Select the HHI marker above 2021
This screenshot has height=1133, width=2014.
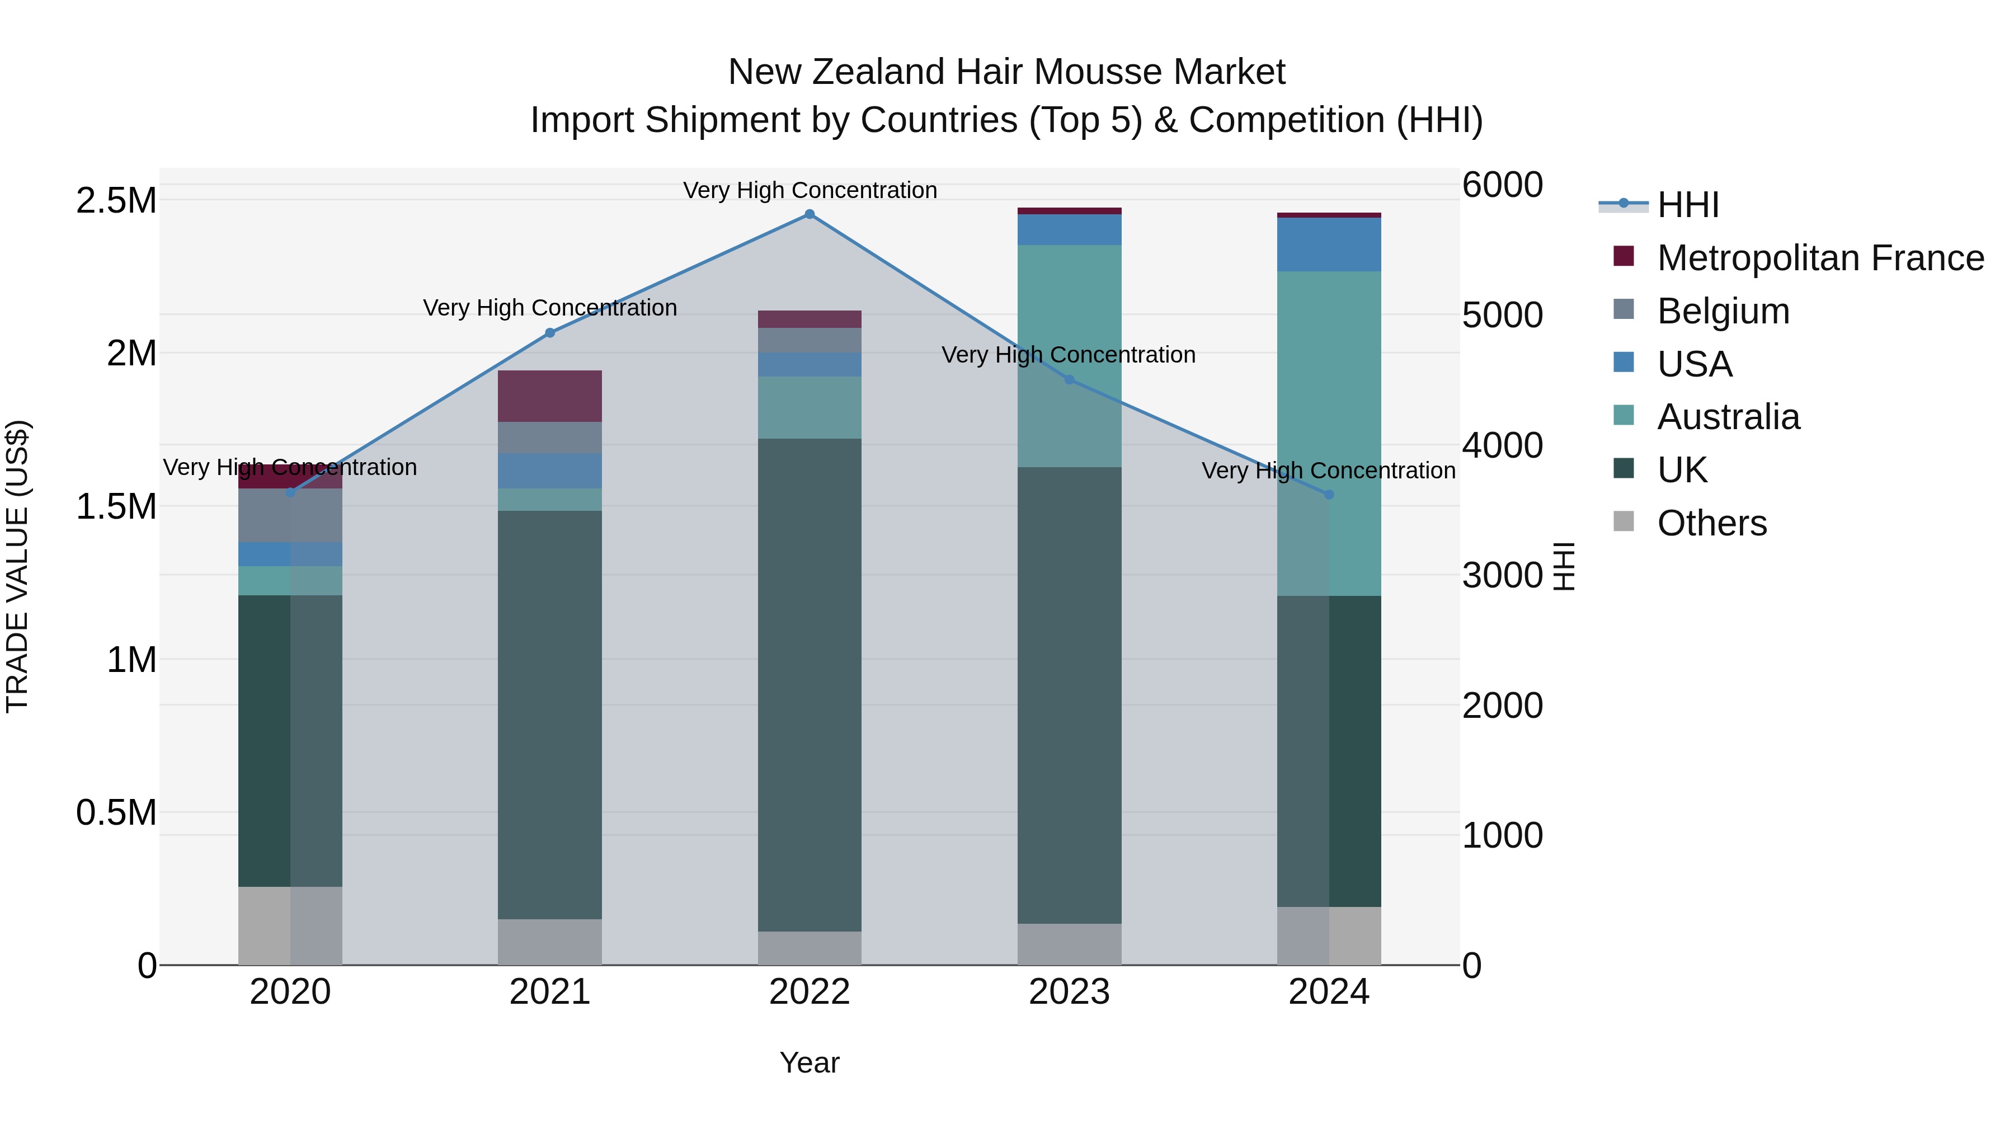pos(549,333)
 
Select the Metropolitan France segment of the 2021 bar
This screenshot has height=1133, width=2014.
pos(549,397)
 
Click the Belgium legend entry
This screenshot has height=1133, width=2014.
pos(1723,311)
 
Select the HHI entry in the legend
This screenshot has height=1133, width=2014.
pos(1687,205)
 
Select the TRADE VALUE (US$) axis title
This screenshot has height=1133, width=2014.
pos(17,566)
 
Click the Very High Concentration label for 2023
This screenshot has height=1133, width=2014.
pos(1068,355)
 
